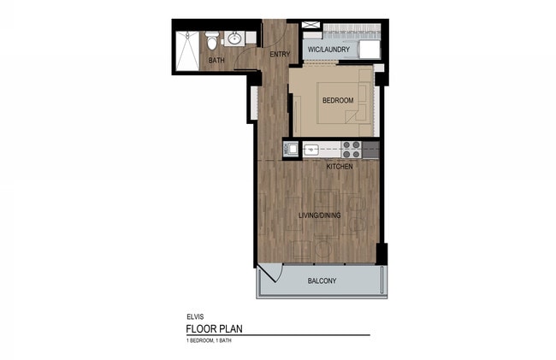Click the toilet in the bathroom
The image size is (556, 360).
[x=212, y=40]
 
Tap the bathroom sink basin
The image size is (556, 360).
[x=234, y=38]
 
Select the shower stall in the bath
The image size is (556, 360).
[x=187, y=50]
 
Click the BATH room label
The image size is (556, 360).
[x=216, y=61]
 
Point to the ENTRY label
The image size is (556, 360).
[x=280, y=54]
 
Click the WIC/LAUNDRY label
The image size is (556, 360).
[x=328, y=50]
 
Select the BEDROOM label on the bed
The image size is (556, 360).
[x=338, y=100]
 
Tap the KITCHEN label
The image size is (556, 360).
[x=340, y=167]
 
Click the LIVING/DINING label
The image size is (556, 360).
[x=320, y=215]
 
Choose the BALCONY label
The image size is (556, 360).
[x=322, y=281]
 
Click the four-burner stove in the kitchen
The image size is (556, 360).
[x=352, y=150]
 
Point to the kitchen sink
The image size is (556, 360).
[x=311, y=150]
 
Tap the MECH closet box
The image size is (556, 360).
[x=291, y=149]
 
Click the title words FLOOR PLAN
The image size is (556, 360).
[x=214, y=329]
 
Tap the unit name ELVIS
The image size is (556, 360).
[x=195, y=317]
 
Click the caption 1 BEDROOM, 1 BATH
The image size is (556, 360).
[x=209, y=340]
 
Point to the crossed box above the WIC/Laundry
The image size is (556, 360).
[x=311, y=25]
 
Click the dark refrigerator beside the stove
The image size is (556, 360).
[x=370, y=150]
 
